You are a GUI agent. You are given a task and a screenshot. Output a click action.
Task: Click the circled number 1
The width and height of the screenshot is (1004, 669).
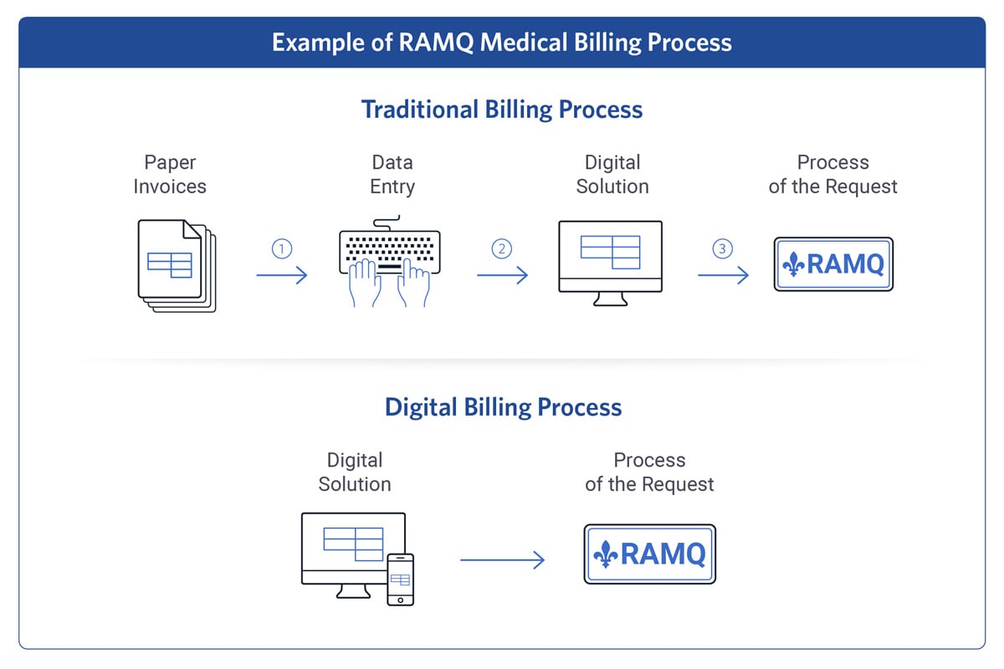click(x=282, y=248)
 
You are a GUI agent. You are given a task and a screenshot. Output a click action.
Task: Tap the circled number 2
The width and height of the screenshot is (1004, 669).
click(x=502, y=248)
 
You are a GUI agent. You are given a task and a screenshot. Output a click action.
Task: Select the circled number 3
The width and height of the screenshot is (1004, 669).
click(x=722, y=248)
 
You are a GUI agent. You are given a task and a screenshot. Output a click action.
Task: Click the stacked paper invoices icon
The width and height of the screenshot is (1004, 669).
click(x=177, y=266)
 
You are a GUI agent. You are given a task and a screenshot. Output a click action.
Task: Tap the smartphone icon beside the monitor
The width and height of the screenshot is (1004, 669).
click(x=400, y=579)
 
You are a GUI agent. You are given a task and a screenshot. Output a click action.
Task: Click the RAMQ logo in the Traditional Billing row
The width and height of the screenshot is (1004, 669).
click(x=833, y=264)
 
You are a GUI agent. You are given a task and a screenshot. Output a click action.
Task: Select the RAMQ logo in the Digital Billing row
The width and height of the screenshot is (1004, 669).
click(x=649, y=554)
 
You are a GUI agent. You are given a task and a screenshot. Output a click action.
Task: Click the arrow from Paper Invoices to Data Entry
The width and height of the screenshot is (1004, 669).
click(x=282, y=275)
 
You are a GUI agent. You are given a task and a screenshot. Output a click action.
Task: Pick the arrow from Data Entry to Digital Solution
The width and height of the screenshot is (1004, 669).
click(x=502, y=275)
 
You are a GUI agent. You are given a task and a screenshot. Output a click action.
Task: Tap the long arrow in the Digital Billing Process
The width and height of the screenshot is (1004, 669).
click(x=502, y=560)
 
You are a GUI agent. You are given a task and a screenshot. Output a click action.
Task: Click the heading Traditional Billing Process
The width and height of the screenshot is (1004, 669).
click(x=502, y=110)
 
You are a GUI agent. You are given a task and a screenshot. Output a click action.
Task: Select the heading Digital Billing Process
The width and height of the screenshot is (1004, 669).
click(x=503, y=407)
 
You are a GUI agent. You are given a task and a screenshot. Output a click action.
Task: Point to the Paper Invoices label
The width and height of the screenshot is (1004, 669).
click(x=170, y=174)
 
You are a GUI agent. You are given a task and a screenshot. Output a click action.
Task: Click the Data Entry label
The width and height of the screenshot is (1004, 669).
click(x=392, y=174)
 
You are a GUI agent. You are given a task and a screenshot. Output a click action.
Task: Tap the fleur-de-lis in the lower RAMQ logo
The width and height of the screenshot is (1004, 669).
click(x=607, y=554)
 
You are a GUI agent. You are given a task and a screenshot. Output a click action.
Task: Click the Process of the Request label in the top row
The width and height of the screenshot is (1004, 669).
click(x=832, y=174)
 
